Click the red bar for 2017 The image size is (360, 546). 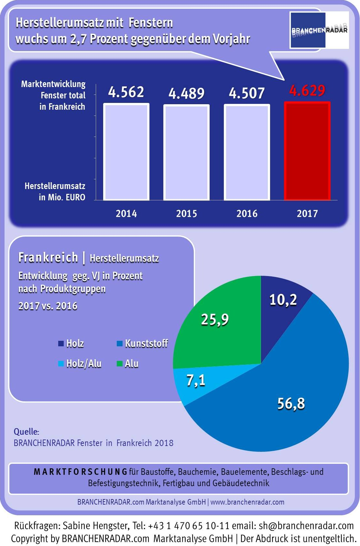click(307, 151)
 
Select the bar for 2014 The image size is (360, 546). click(126, 152)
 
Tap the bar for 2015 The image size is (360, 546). click(186, 152)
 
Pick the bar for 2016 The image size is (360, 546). click(247, 152)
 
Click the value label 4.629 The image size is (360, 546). click(307, 91)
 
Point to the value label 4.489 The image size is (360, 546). click(186, 94)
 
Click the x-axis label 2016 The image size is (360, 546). click(247, 214)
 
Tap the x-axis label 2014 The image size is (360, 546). click(126, 214)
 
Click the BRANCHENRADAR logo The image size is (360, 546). click(319, 30)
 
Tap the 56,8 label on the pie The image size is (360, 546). click(291, 404)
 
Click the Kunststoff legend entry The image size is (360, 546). click(142, 343)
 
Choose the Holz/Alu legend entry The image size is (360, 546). click(80, 363)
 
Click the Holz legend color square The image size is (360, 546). click(61, 344)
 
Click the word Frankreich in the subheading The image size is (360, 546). click(48, 258)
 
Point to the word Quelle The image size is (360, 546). click(26, 432)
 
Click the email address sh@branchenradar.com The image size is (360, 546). click(306, 526)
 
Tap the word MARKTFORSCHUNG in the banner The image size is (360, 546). click(81, 472)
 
